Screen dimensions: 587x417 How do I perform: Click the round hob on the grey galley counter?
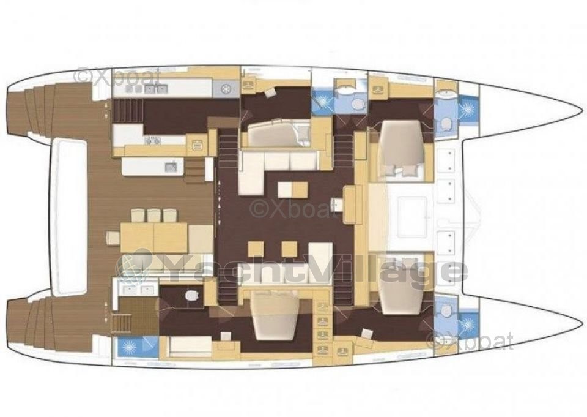[x=226, y=89]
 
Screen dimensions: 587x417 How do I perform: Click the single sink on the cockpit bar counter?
[x=171, y=166]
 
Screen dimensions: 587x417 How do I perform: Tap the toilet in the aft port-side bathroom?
[x=191, y=296]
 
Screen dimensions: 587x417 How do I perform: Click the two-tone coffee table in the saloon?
[x=293, y=189]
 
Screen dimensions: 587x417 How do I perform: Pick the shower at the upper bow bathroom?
[x=468, y=110]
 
